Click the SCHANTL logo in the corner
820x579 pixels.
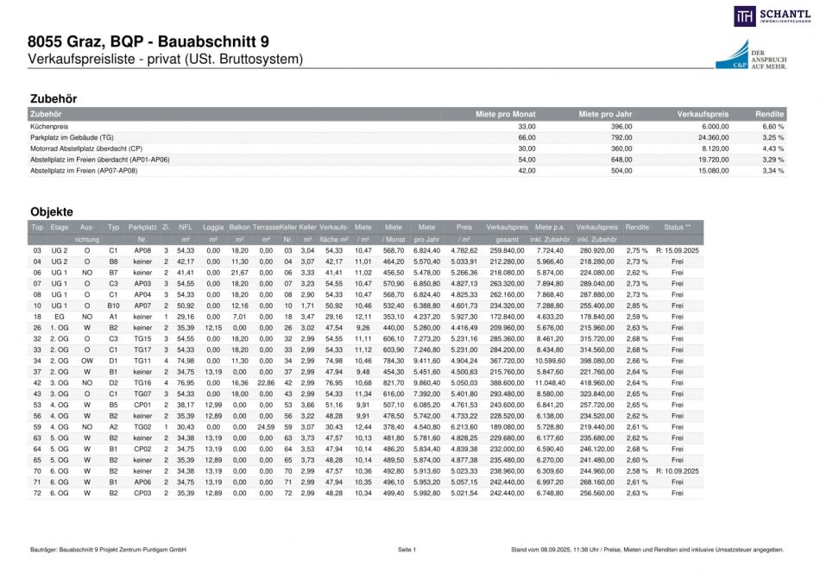[772, 16]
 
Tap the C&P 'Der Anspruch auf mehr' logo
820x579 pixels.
[749, 53]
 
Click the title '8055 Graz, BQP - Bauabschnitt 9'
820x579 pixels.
[148, 41]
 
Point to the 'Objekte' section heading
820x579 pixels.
[52, 211]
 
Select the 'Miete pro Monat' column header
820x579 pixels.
[505, 114]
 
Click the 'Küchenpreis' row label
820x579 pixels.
[48, 126]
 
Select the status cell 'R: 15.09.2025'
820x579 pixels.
[677, 249]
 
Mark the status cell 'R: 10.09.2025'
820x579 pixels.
[677, 471]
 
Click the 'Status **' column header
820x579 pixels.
[677, 226]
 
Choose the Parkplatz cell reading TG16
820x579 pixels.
[142, 382]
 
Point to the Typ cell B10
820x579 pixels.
[113, 305]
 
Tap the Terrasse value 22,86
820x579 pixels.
[266, 382]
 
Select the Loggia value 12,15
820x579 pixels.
[212, 328]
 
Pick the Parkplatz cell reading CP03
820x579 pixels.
[142, 494]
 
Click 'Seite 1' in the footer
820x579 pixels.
[407, 550]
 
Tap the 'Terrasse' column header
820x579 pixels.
[266, 226]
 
